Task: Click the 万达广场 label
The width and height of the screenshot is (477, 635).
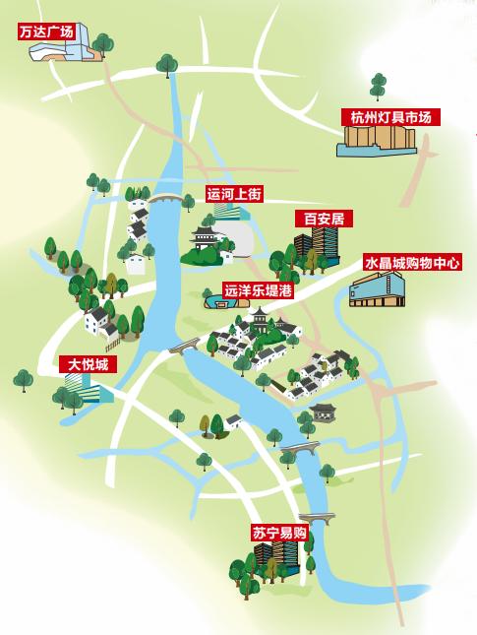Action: pos(46,32)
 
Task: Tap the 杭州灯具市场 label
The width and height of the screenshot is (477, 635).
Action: pos(390,117)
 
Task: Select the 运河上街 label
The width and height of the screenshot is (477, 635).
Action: pos(234,195)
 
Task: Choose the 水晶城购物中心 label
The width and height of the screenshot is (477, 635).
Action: pos(412,263)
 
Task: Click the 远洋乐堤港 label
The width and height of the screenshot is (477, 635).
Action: pos(258,290)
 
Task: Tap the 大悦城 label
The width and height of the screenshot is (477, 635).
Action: pos(88,364)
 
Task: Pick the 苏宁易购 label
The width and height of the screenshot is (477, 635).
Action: pos(279,533)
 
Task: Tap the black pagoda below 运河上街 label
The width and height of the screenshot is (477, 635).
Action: pos(206,239)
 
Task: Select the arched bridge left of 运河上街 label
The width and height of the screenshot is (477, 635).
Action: pos(166,200)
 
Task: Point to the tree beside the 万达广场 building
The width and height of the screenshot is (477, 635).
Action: pos(102,43)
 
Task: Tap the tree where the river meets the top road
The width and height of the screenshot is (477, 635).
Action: pos(167,65)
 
